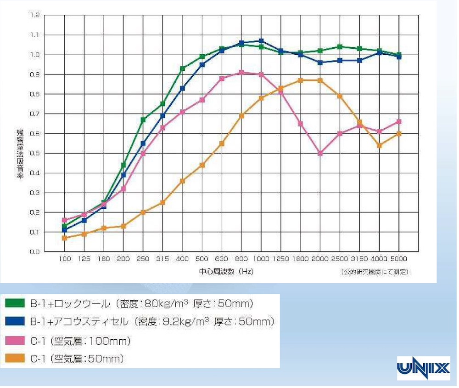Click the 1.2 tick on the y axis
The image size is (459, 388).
[x=35, y=15]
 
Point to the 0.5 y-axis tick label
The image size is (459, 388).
[x=35, y=153]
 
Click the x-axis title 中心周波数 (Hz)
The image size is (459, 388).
[x=226, y=272]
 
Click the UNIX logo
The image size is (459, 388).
[x=423, y=368]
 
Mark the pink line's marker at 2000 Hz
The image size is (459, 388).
[x=320, y=153]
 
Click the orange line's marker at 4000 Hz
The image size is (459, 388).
[x=379, y=145]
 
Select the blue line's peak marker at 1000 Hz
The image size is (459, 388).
[x=261, y=41]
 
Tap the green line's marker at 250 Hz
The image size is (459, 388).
[x=143, y=120]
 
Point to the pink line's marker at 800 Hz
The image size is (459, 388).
[x=241, y=72]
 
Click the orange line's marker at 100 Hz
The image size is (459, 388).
[x=64, y=238]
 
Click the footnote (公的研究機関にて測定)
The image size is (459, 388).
[x=374, y=272]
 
